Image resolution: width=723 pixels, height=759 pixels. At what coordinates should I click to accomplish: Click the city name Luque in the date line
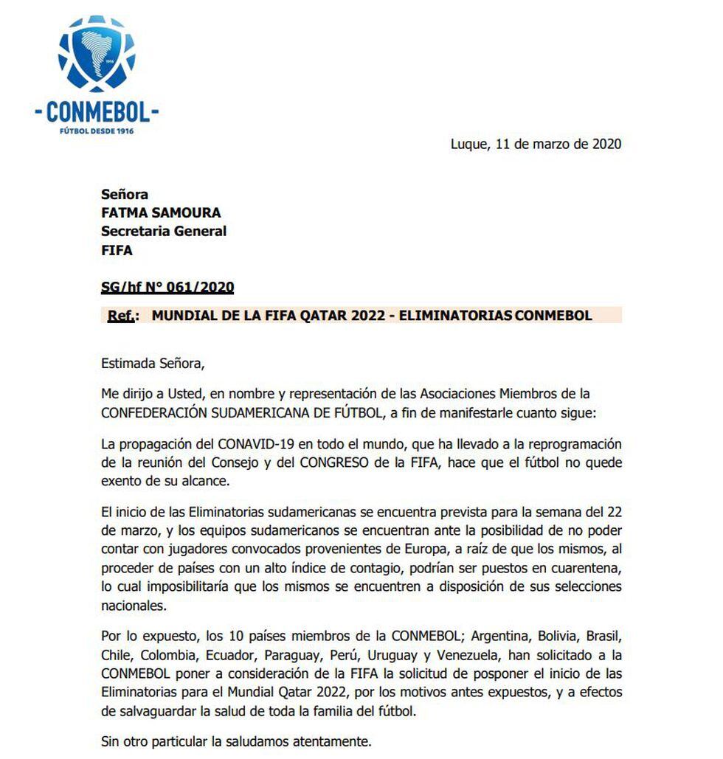click(x=468, y=144)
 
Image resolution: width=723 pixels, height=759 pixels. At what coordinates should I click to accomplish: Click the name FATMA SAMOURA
click(x=161, y=213)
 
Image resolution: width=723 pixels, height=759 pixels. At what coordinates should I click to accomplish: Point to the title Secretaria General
click(x=164, y=232)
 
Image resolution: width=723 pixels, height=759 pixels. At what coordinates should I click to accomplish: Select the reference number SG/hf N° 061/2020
click(x=167, y=287)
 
